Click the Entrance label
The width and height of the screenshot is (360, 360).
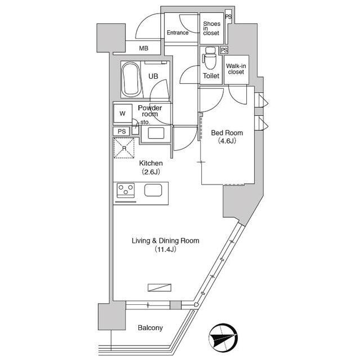point(177,33)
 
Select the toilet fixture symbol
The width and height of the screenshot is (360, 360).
point(210,57)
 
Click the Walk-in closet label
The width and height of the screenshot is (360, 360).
point(235,69)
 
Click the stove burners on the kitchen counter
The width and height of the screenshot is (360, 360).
point(125,190)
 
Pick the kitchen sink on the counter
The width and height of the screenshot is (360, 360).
point(153,190)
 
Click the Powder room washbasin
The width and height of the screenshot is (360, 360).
point(155,134)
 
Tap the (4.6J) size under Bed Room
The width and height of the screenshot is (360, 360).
point(227,141)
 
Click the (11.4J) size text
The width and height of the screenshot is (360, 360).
point(165,249)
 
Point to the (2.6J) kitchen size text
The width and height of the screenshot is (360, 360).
point(150,172)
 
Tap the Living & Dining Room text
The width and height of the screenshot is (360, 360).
point(165,241)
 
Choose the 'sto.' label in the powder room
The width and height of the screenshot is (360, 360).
point(145,121)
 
